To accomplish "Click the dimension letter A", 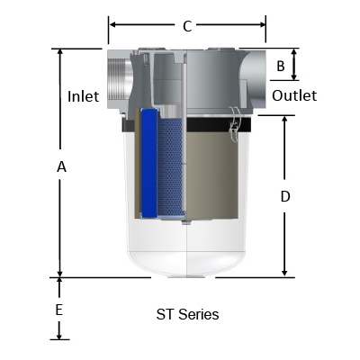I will [61, 166].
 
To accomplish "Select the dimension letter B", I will [280, 66].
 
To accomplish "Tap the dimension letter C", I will [187, 26].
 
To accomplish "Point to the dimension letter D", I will [285, 196].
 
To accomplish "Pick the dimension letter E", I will [59, 310].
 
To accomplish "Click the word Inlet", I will [84, 95].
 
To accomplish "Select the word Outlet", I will [294, 95].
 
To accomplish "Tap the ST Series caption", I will [187, 314].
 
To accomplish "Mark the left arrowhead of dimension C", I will [111, 26].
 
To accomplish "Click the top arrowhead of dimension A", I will [60, 52].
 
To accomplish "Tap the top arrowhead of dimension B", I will [294, 52].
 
